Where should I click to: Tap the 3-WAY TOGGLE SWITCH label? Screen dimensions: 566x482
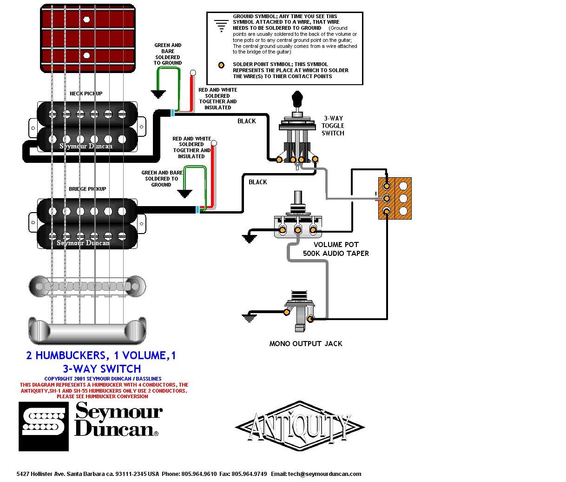[x=333, y=126]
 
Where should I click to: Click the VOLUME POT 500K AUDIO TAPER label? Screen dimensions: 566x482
[x=336, y=249]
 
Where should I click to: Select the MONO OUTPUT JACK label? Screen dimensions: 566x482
[x=306, y=343]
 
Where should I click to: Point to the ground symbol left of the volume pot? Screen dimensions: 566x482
[x=249, y=238]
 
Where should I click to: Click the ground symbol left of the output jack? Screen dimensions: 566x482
[x=249, y=318]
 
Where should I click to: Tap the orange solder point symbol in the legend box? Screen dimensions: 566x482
[x=221, y=65]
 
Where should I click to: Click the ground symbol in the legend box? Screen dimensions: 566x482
[x=221, y=26]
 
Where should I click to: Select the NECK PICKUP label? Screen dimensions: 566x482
[x=86, y=94]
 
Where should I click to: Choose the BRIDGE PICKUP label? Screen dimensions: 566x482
[x=87, y=189]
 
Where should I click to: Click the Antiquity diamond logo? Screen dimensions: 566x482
[x=300, y=427]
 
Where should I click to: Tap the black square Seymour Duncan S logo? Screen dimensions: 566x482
[x=44, y=427]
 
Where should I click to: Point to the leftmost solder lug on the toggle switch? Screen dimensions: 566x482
[x=279, y=159]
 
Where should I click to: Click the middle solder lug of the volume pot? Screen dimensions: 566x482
[x=298, y=229]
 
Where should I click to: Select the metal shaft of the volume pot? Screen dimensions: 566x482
[x=298, y=198]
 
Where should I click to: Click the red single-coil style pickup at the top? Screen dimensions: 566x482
[x=88, y=38]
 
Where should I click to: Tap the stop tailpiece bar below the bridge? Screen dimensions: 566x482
[x=87, y=331]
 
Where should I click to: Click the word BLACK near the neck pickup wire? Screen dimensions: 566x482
[x=246, y=121]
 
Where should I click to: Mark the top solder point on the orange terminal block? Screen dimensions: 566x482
[x=386, y=186]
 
